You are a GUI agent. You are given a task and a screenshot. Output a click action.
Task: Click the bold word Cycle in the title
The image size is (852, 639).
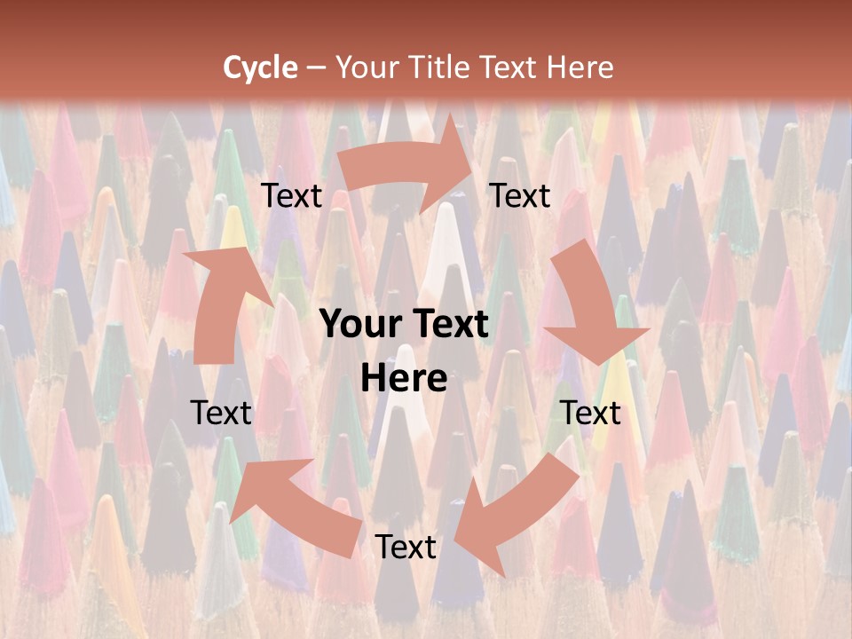pos(260,67)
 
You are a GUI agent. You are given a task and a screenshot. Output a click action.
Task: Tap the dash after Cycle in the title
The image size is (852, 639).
pos(316,67)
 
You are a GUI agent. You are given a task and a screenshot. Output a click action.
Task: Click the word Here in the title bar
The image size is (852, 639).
pos(580,67)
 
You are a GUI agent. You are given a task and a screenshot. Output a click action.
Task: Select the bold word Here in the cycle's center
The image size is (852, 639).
pos(404,379)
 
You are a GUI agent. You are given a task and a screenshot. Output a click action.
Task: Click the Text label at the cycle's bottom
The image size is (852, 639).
pos(405,547)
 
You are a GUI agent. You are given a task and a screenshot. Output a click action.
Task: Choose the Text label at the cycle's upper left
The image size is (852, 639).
pos(292,196)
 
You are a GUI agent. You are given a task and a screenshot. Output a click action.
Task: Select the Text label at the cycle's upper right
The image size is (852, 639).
pos(520,196)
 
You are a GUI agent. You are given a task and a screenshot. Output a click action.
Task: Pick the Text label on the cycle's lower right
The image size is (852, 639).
pos(590,413)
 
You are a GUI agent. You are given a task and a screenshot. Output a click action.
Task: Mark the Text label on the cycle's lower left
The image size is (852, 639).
pos(221,413)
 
